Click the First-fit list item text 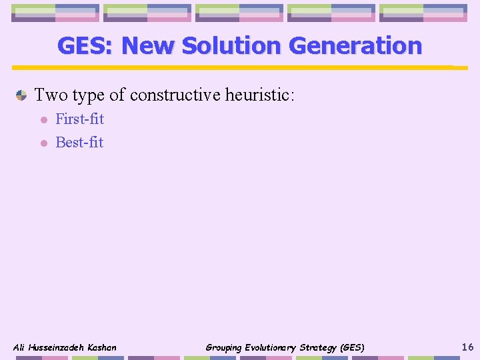tap(79, 119)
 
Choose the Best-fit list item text tap(79, 143)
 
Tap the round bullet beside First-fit tap(42, 120)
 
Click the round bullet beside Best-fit tap(42, 143)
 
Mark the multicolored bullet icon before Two tap(21, 95)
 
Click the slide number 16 tap(467, 346)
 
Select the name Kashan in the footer tap(101, 347)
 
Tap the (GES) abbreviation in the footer tap(351, 347)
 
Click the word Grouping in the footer tap(223, 347)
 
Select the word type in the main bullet tap(88, 95)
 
